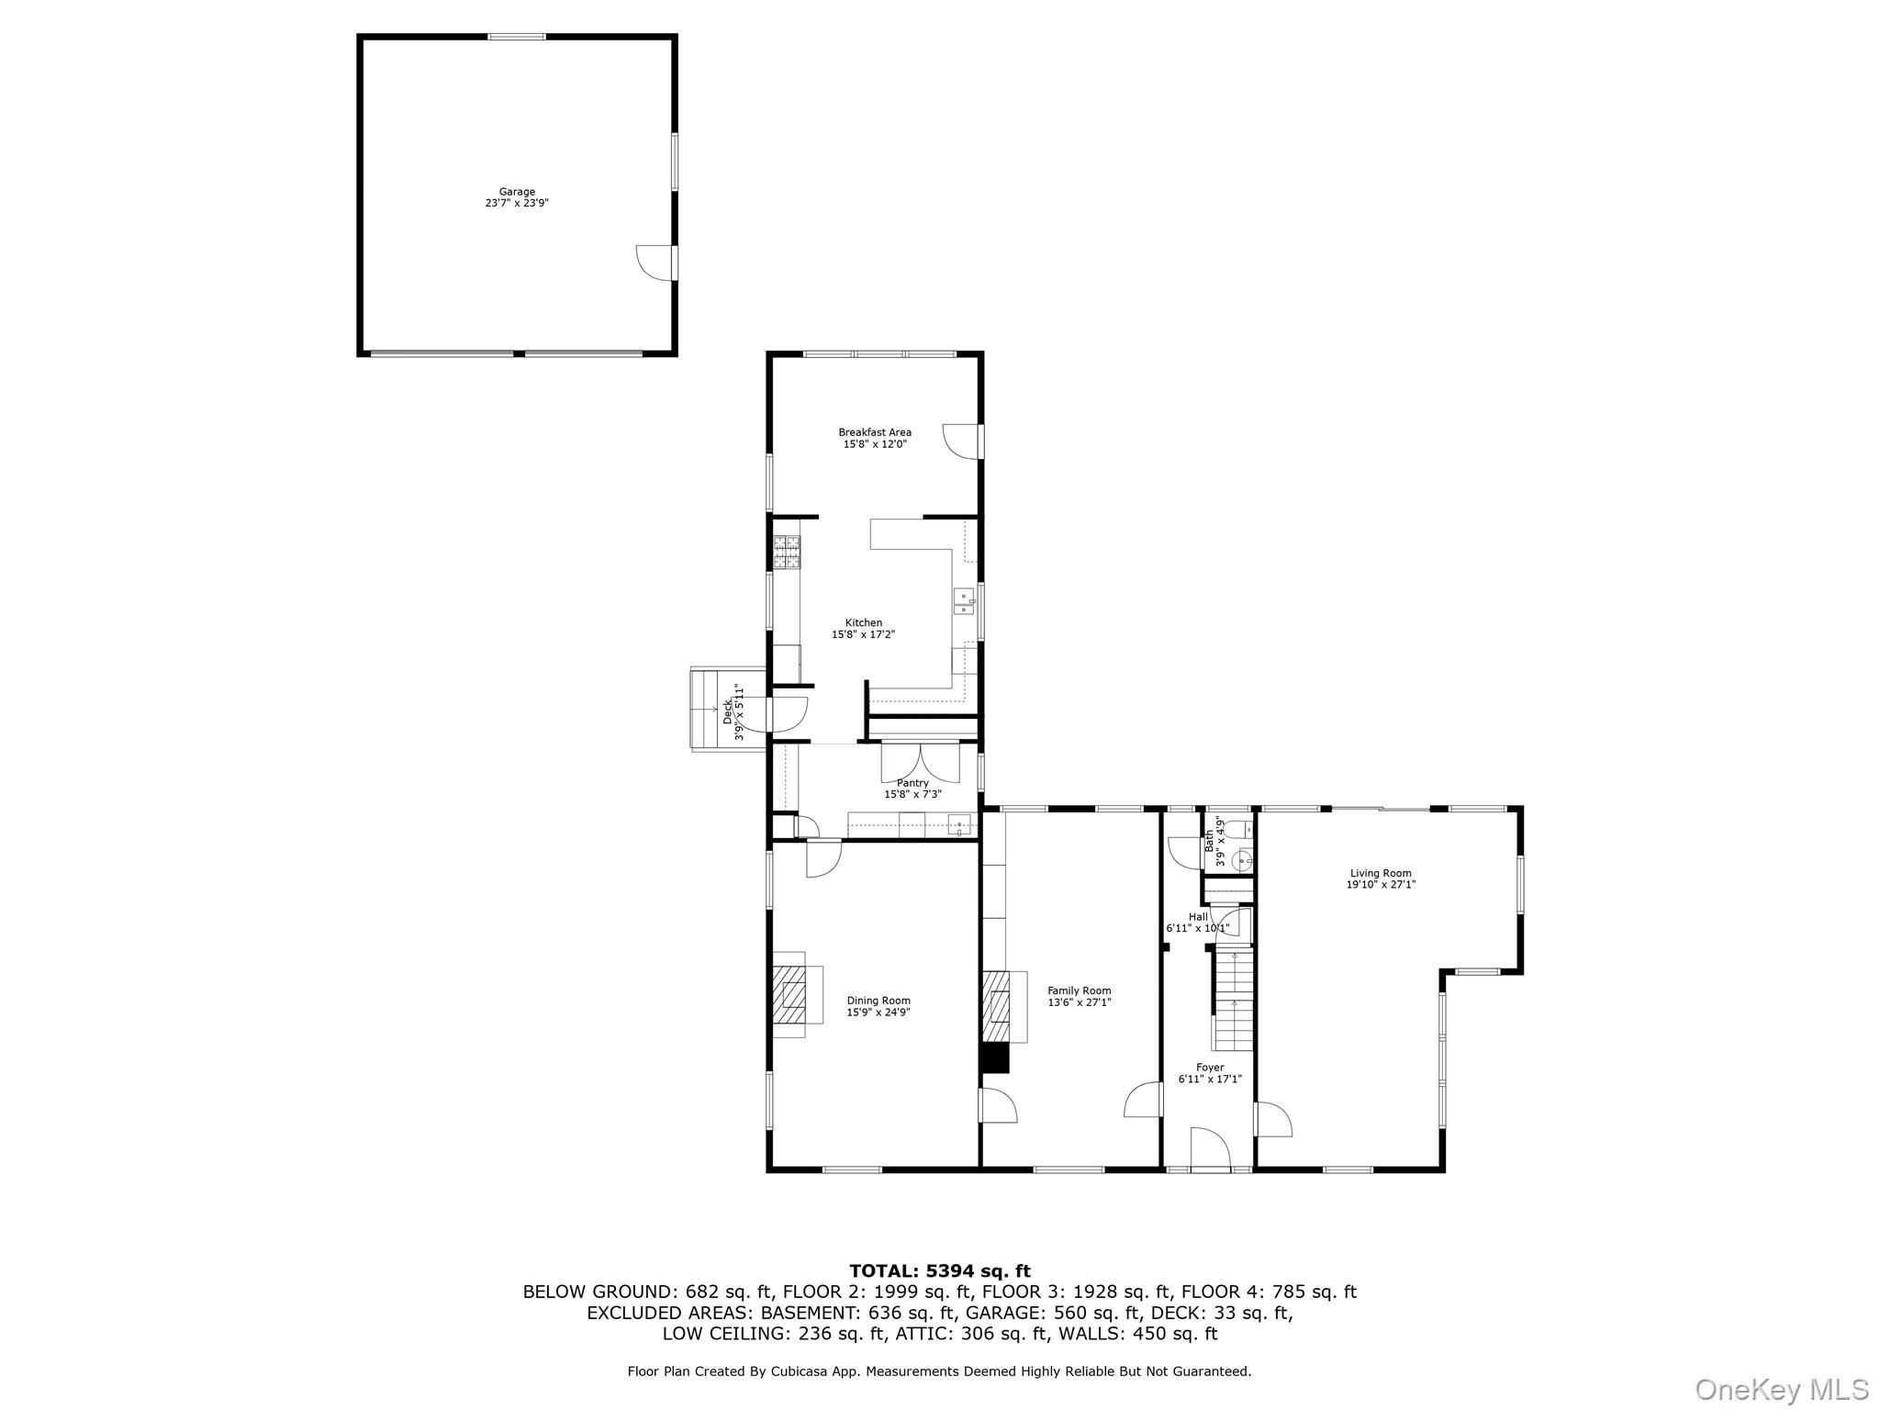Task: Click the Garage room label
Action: click(517, 192)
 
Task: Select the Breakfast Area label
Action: click(875, 432)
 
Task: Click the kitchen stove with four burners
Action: click(787, 553)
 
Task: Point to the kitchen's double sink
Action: click(963, 601)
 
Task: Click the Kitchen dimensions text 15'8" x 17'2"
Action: click(863, 634)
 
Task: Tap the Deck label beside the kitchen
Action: click(728, 711)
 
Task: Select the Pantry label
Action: click(912, 783)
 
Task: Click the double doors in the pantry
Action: click(921, 763)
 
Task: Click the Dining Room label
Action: click(878, 1001)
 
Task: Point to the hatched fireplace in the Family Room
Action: click(997, 1006)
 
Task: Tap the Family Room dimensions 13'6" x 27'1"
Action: click(1080, 1002)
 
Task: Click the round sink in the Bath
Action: click(1241, 860)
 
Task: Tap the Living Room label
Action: click(1381, 873)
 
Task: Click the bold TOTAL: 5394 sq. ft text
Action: click(939, 1270)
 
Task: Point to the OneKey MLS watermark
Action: click(1781, 1389)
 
